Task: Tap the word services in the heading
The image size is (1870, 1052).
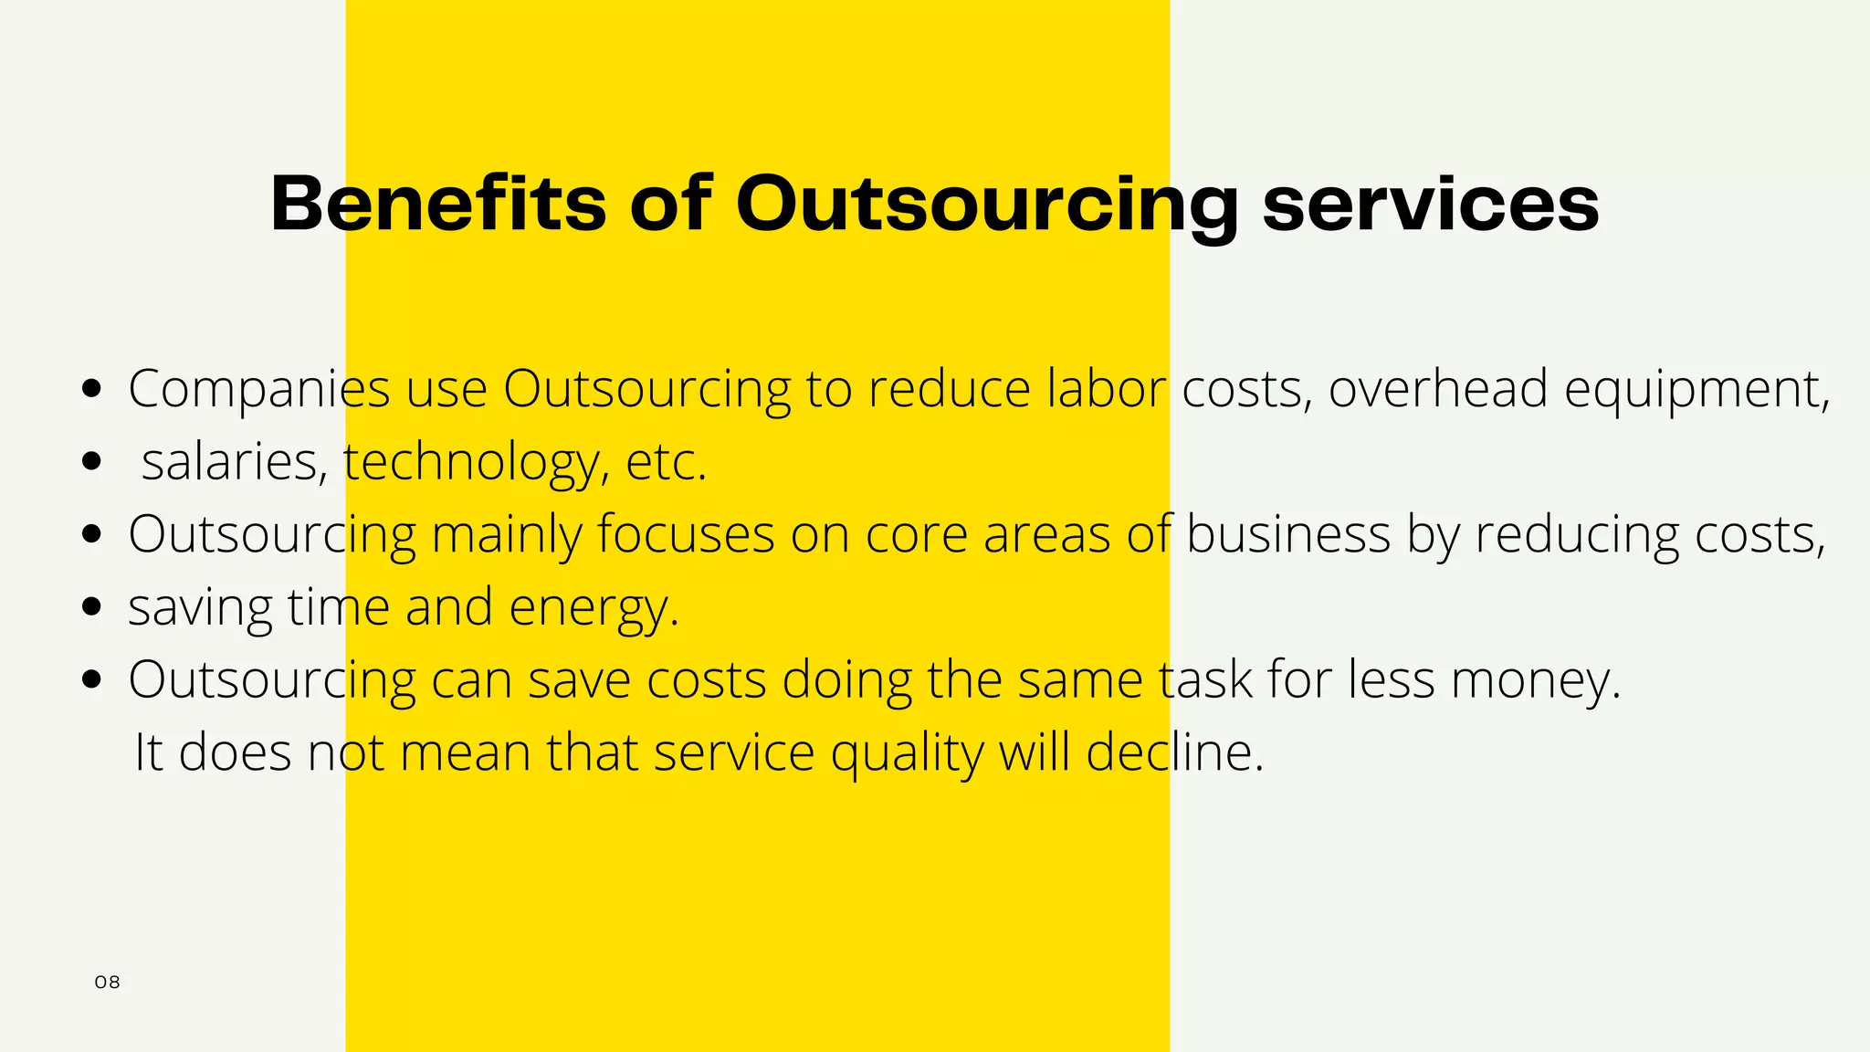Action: pos(1430,203)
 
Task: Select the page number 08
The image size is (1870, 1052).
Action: pos(107,983)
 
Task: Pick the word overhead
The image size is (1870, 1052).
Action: pos(1438,388)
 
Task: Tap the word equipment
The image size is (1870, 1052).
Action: pos(1697,390)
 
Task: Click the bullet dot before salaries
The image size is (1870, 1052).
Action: pos(91,461)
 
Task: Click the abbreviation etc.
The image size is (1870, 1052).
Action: pos(666,462)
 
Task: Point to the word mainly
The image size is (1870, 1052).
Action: pos(506,535)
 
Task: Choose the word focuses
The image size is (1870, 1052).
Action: pos(686,534)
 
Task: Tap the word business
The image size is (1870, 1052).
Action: pos(1287,534)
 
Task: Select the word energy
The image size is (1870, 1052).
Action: pos(594,608)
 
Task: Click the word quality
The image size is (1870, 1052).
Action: pos(906,754)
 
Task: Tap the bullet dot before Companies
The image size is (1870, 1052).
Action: pos(91,388)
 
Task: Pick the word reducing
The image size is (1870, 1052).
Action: pos(1577,535)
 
